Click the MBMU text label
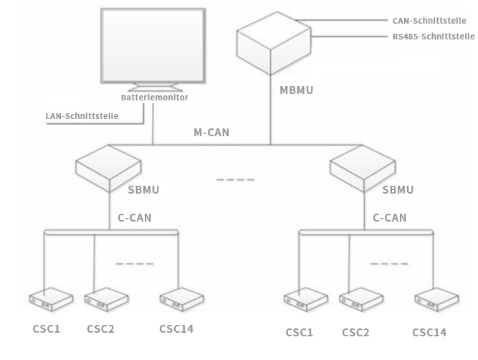297,92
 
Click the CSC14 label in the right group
429,332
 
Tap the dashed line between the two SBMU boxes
235,179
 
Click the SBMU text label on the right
398,190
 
